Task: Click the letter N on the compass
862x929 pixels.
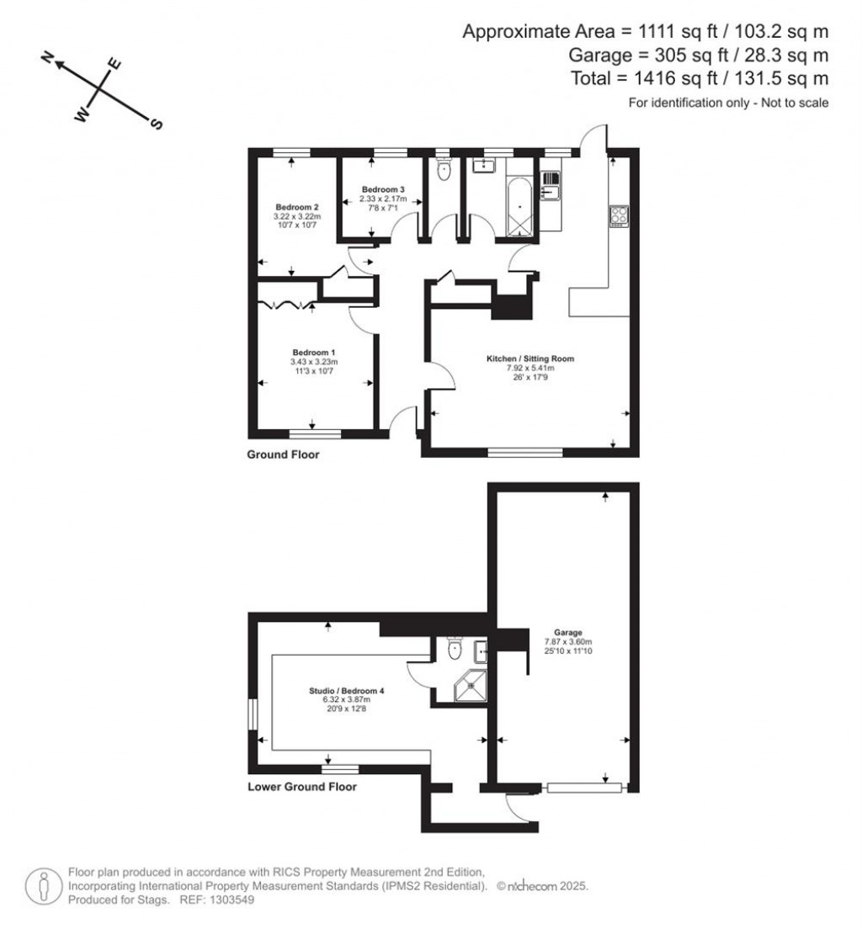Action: click(x=49, y=57)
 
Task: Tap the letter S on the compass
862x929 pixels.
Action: click(x=156, y=125)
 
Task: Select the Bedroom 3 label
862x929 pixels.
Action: click(x=384, y=189)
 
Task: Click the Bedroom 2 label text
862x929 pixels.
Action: click(x=297, y=207)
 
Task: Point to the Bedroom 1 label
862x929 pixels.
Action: click(x=314, y=352)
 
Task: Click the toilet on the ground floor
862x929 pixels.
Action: click(x=445, y=171)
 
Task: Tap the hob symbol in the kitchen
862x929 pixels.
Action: click(x=619, y=215)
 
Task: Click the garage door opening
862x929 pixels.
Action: click(x=584, y=788)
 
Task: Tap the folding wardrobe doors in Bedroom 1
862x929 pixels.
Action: click(x=286, y=304)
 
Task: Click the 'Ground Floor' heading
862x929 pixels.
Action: click(x=283, y=454)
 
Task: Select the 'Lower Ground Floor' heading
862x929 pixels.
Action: click(x=301, y=788)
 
